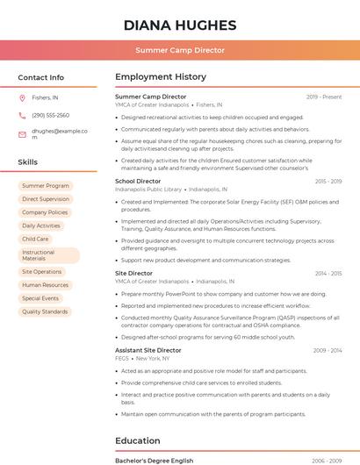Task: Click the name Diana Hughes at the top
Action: click(x=179, y=24)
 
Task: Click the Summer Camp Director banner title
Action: click(x=179, y=51)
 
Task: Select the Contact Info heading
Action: click(x=40, y=77)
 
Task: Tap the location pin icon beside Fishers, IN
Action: click(x=22, y=98)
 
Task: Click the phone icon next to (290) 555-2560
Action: click(x=22, y=115)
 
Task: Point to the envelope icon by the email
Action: click(x=22, y=133)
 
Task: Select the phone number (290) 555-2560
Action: click(x=50, y=115)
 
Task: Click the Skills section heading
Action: click(x=28, y=162)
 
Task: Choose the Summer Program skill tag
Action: click(x=46, y=186)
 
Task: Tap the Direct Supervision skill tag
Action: click(x=46, y=199)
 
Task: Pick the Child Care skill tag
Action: click(x=35, y=239)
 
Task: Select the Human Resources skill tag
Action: click(x=45, y=285)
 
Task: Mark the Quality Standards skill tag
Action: click(x=45, y=311)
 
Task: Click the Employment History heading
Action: click(x=160, y=77)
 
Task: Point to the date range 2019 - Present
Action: click(x=323, y=97)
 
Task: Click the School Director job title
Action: click(x=138, y=182)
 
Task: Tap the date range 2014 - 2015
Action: click(x=328, y=274)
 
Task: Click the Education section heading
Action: click(x=138, y=440)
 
